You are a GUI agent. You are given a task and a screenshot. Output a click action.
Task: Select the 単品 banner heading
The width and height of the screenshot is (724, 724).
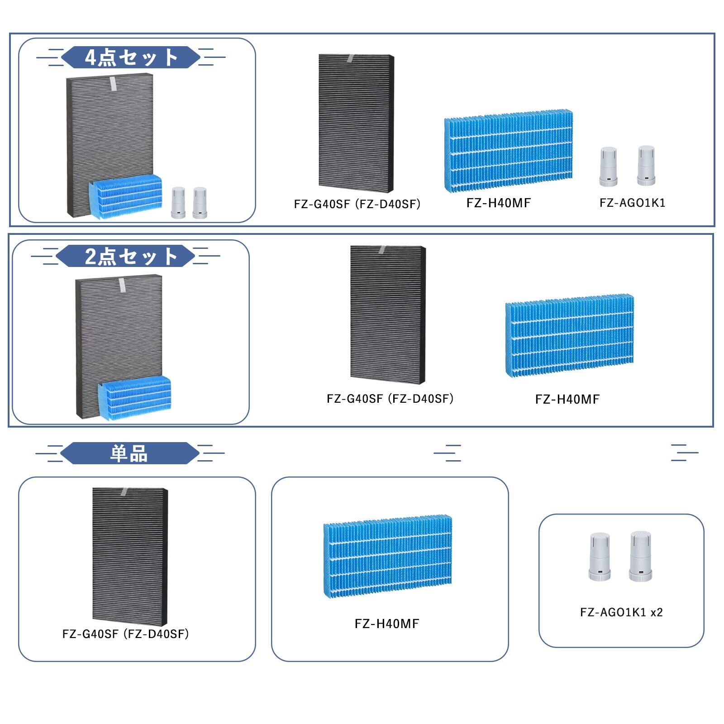click(129, 453)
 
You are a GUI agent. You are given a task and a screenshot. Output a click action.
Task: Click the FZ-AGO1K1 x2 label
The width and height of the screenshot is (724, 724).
click(621, 612)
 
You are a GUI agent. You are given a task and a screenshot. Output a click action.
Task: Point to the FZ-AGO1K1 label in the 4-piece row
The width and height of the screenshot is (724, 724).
click(632, 203)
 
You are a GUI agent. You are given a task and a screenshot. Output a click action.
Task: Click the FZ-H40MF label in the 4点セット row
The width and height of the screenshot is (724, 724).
click(498, 203)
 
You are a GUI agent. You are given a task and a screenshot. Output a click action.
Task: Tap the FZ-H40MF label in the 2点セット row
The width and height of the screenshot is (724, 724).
click(567, 399)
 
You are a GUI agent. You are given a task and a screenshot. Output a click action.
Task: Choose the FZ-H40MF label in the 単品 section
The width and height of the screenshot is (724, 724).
click(387, 624)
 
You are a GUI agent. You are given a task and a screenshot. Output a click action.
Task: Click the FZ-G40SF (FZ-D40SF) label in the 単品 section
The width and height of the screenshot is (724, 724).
click(125, 634)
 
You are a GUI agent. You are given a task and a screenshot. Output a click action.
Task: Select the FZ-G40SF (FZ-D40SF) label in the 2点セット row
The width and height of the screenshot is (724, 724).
click(390, 399)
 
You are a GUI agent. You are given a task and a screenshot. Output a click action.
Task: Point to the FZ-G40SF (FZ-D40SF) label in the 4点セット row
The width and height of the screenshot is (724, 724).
click(357, 204)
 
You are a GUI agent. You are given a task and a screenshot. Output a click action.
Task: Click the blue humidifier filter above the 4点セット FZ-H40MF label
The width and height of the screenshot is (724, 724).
click(508, 151)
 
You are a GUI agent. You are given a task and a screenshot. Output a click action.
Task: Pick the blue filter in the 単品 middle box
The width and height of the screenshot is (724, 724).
click(387, 556)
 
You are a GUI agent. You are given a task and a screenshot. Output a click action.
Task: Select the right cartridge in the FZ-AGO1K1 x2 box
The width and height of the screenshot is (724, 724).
click(640, 556)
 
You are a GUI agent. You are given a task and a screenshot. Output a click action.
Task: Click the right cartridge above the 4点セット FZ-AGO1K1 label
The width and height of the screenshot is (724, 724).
click(647, 166)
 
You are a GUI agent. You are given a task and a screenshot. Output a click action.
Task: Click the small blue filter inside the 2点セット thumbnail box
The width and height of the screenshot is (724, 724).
click(134, 398)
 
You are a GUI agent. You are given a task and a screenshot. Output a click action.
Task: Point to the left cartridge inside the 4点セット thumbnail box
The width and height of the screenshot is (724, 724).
click(178, 203)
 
